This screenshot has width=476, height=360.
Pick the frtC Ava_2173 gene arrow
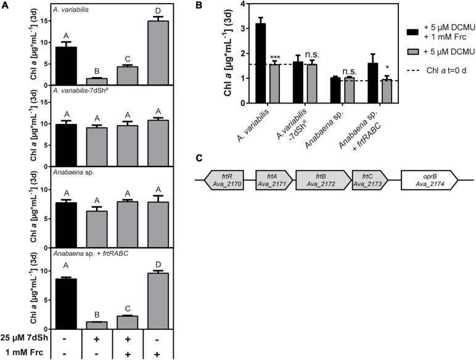368,180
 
